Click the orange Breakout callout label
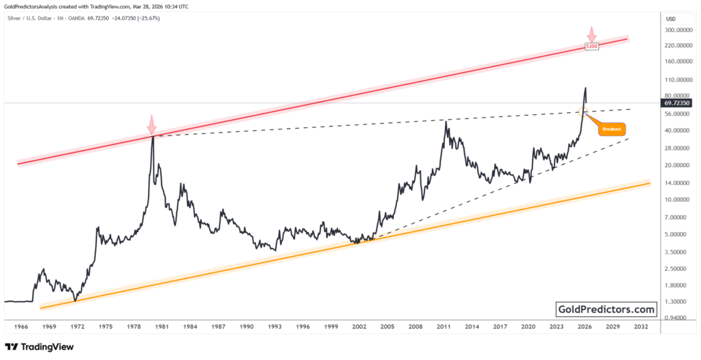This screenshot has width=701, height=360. (x=612, y=129)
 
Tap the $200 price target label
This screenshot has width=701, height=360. (x=592, y=46)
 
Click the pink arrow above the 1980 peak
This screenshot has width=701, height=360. (x=151, y=124)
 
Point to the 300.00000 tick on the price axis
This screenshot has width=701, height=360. (x=678, y=30)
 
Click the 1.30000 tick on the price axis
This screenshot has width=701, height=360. (x=676, y=302)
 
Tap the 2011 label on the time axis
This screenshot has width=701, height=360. (x=444, y=328)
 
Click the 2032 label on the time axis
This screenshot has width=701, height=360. (x=641, y=328)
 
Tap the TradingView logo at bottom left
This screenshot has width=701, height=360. (x=40, y=347)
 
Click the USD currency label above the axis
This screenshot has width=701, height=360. (x=671, y=18)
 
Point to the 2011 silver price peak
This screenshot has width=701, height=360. (x=446, y=122)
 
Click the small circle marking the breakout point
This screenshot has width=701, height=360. (x=583, y=111)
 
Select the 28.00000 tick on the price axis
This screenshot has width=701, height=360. (x=676, y=148)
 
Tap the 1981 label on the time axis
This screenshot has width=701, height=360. (x=162, y=328)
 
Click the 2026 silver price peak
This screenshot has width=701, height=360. (x=585, y=88)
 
